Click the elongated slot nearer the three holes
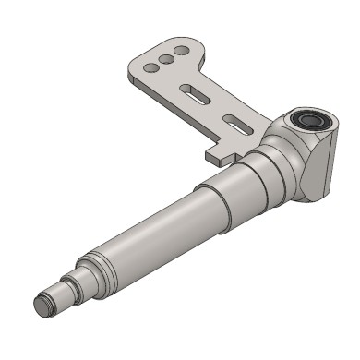tap(197, 92)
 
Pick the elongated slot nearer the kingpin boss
tap(236, 122)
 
